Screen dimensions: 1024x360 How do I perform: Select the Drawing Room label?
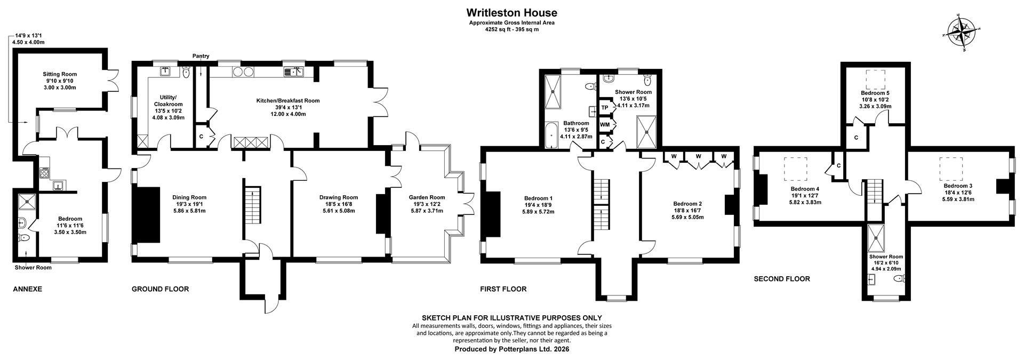point(339,197)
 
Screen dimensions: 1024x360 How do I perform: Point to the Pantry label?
point(201,56)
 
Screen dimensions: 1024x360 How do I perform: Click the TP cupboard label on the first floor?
point(605,108)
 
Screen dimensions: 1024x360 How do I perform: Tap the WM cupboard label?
point(605,125)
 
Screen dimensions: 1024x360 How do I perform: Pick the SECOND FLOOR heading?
point(781,279)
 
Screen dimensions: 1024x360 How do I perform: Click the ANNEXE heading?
point(27,289)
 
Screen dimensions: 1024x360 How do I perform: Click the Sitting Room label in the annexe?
point(60,74)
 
